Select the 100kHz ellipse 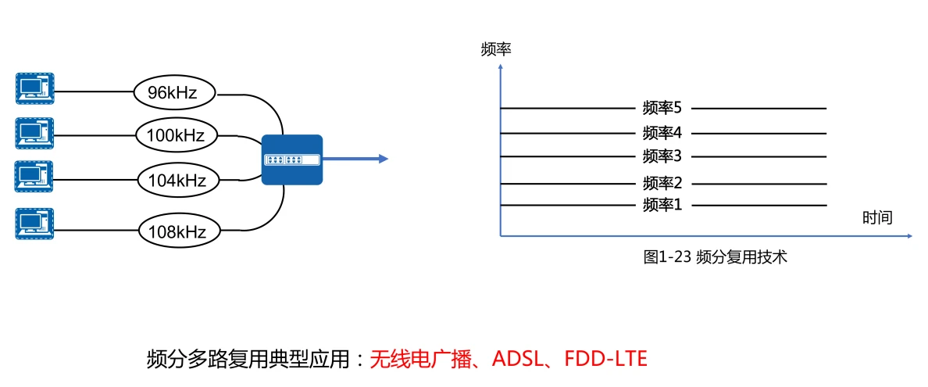pyautogui.click(x=175, y=136)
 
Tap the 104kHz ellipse pyautogui.click(x=177, y=181)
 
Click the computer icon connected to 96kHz pyautogui.click(x=34, y=88)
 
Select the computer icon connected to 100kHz pyautogui.click(x=34, y=133)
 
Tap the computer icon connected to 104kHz pyautogui.click(x=34, y=177)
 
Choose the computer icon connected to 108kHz pyautogui.click(x=34, y=224)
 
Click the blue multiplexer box pyautogui.click(x=291, y=159)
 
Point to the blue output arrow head pyautogui.click(x=383, y=159)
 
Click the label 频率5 pyautogui.click(x=662, y=108)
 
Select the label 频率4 pyautogui.click(x=662, y=133)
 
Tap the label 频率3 pyautogui.click(x=662, y=156)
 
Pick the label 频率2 pyautogui.click(x=662, y=184)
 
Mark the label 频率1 pyautogui.click(x=662, y=206)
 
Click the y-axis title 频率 pyautogui.click(x=496, y=51)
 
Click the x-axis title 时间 pyautogui.click(x=877, y=217)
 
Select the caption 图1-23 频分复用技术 pyautogui.click(x=715, y=257)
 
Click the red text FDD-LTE pyautogui.click(x=606, y=360)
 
